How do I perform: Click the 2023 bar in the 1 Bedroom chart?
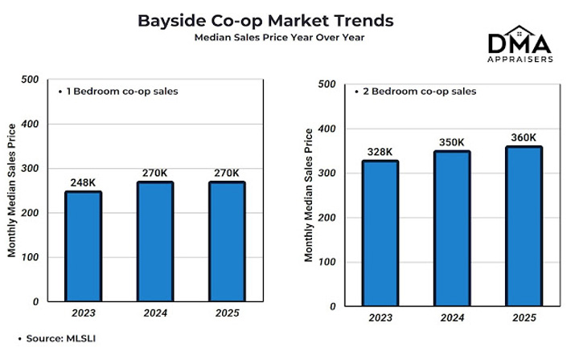click(x=84, y=246)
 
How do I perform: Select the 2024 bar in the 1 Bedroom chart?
click(x=155, y=241)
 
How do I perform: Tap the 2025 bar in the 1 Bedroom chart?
click(x=227, y=241)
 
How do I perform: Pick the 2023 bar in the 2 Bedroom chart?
click(x=380, y=233)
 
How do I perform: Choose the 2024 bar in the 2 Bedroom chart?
click(x=452, y=228)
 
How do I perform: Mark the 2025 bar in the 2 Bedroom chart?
click(x=524, y=226)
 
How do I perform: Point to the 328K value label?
click(x=380, y=152)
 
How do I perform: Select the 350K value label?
click(x=452, y=142)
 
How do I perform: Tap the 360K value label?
click(x=524, y=137)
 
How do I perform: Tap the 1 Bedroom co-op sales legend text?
click(x=117, y=91)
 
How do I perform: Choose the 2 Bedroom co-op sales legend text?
click(x=415, y=92)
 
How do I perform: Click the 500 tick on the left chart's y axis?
click(x=30, y=80)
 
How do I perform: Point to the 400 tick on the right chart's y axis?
click(x=328, y=129)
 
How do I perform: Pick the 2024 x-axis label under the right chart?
click(x=452, y=318)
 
